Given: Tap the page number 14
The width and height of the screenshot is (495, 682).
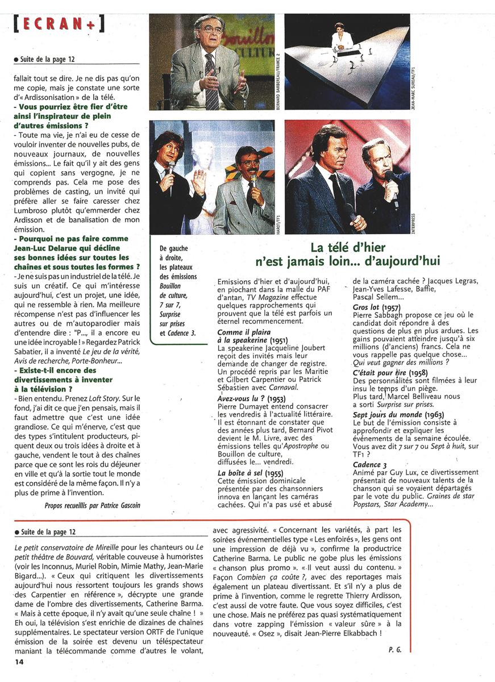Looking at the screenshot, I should pyautogui.click(x=19, y=662).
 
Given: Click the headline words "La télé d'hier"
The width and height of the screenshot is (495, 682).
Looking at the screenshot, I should pyautogui.click(x=348, y=248).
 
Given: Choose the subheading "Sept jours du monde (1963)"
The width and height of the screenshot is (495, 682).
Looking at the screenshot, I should pyautogui.click(x=392, y=415).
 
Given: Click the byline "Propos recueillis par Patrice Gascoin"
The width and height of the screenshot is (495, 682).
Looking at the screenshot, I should pyautogui.click(x=91, y=505).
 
